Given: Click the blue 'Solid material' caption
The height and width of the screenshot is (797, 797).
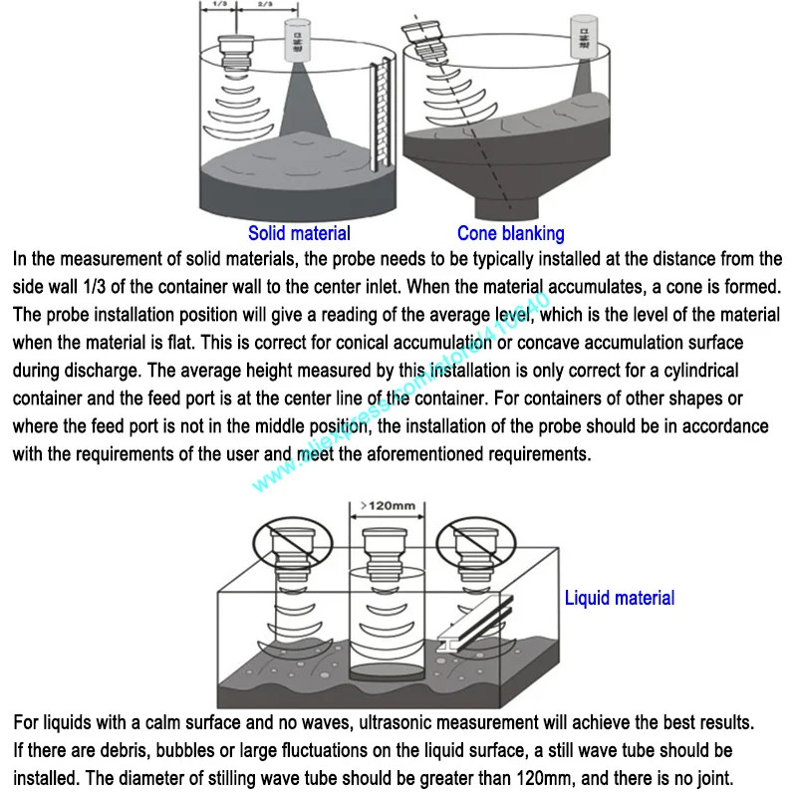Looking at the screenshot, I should point(299,234).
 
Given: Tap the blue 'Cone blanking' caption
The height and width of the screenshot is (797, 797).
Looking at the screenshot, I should point(510,234).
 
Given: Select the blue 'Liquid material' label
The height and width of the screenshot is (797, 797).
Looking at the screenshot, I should point(619,599).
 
